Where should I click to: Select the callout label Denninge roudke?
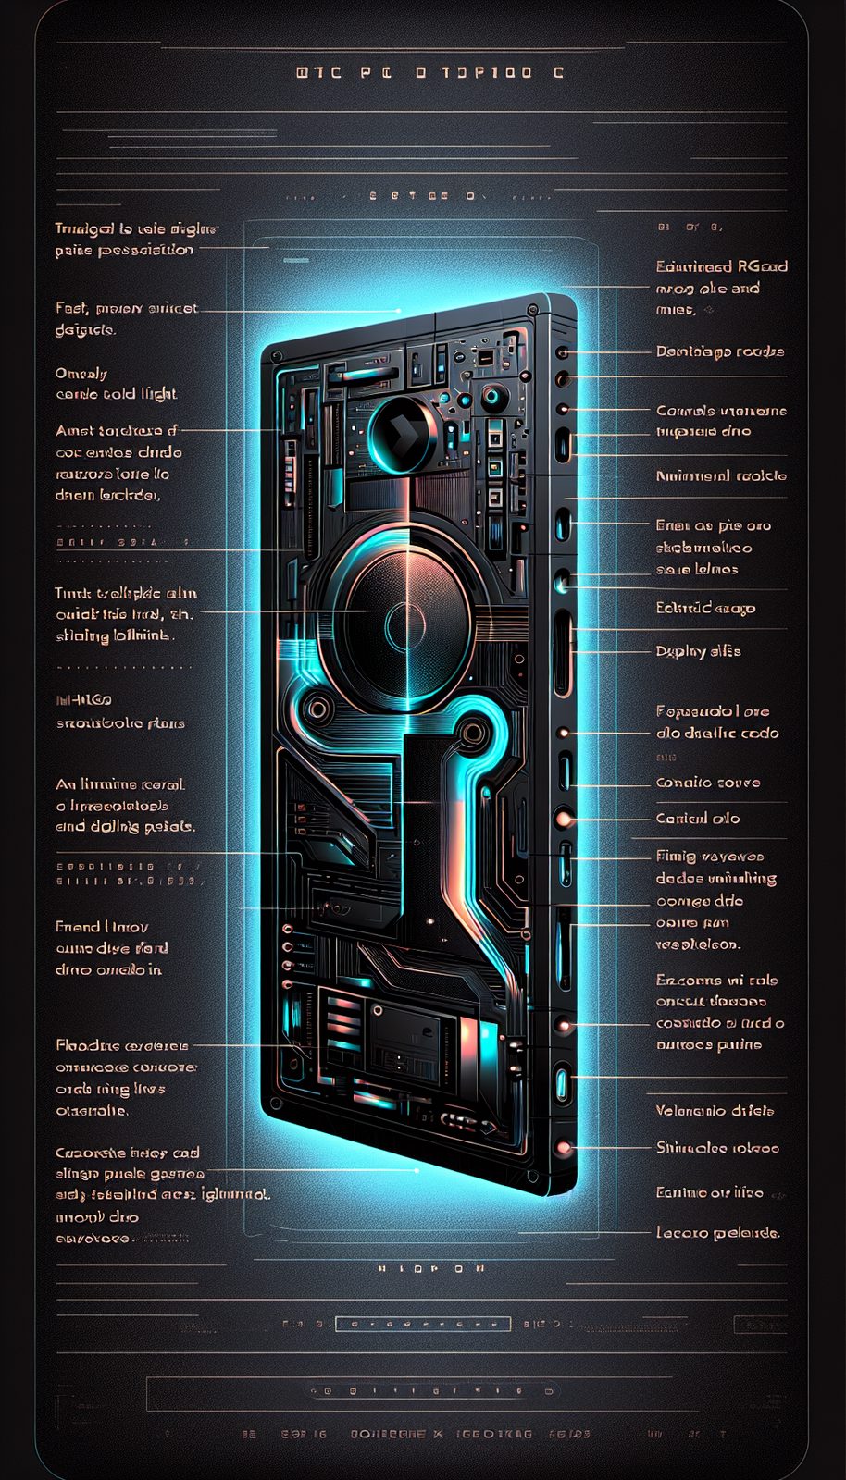(x=719, y=351)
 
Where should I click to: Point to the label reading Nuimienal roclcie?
(x=720, y=475)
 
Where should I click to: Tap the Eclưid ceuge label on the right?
(x=705, y=608)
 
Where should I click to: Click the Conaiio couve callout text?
(x=708, y=783)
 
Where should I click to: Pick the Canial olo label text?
(x=697, y=819)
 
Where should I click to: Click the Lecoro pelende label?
(x=717, y=1232)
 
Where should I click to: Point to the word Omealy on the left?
(x=81, y=374)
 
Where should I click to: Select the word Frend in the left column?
(x=78, y=926)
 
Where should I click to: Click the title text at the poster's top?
(x=430, y=72)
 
